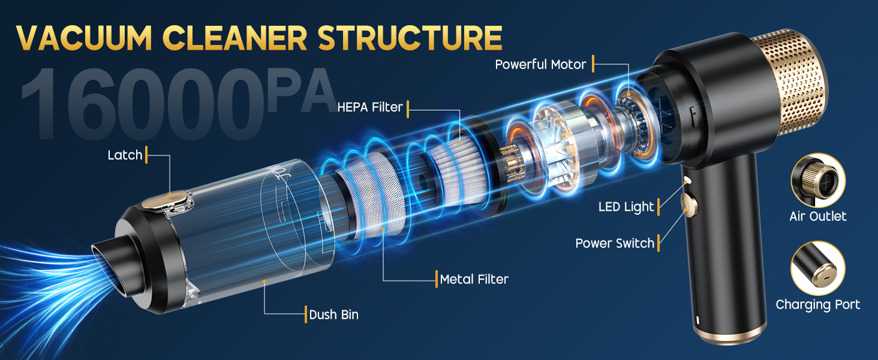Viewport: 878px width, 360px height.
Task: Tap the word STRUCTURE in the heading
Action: coord(410,37)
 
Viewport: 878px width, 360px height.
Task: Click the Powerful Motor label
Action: coord(540,64)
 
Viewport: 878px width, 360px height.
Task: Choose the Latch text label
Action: coord(125,155)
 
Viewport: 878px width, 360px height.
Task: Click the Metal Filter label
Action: coord(474,279)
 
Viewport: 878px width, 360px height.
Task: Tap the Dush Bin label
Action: coord(333,314)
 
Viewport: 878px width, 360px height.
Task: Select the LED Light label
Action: coord(626,207)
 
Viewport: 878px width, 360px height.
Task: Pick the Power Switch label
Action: coord(615,243)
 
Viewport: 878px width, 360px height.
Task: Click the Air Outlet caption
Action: coord(818,216)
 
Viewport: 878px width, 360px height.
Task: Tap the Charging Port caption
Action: coord(818,305)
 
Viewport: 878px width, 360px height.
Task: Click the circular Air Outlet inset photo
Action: coord(818,180)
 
